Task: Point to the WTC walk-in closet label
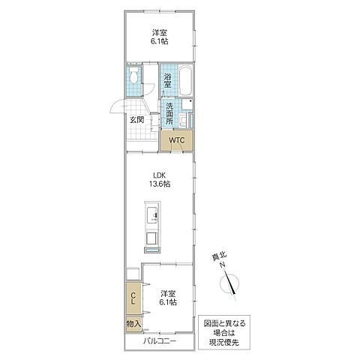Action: point(177,140)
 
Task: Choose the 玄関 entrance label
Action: point(136,120)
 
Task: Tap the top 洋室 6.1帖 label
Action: point(159,37)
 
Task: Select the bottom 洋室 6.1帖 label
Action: point(167,298)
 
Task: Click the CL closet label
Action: point(133,300)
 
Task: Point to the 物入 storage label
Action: point(133,323)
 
